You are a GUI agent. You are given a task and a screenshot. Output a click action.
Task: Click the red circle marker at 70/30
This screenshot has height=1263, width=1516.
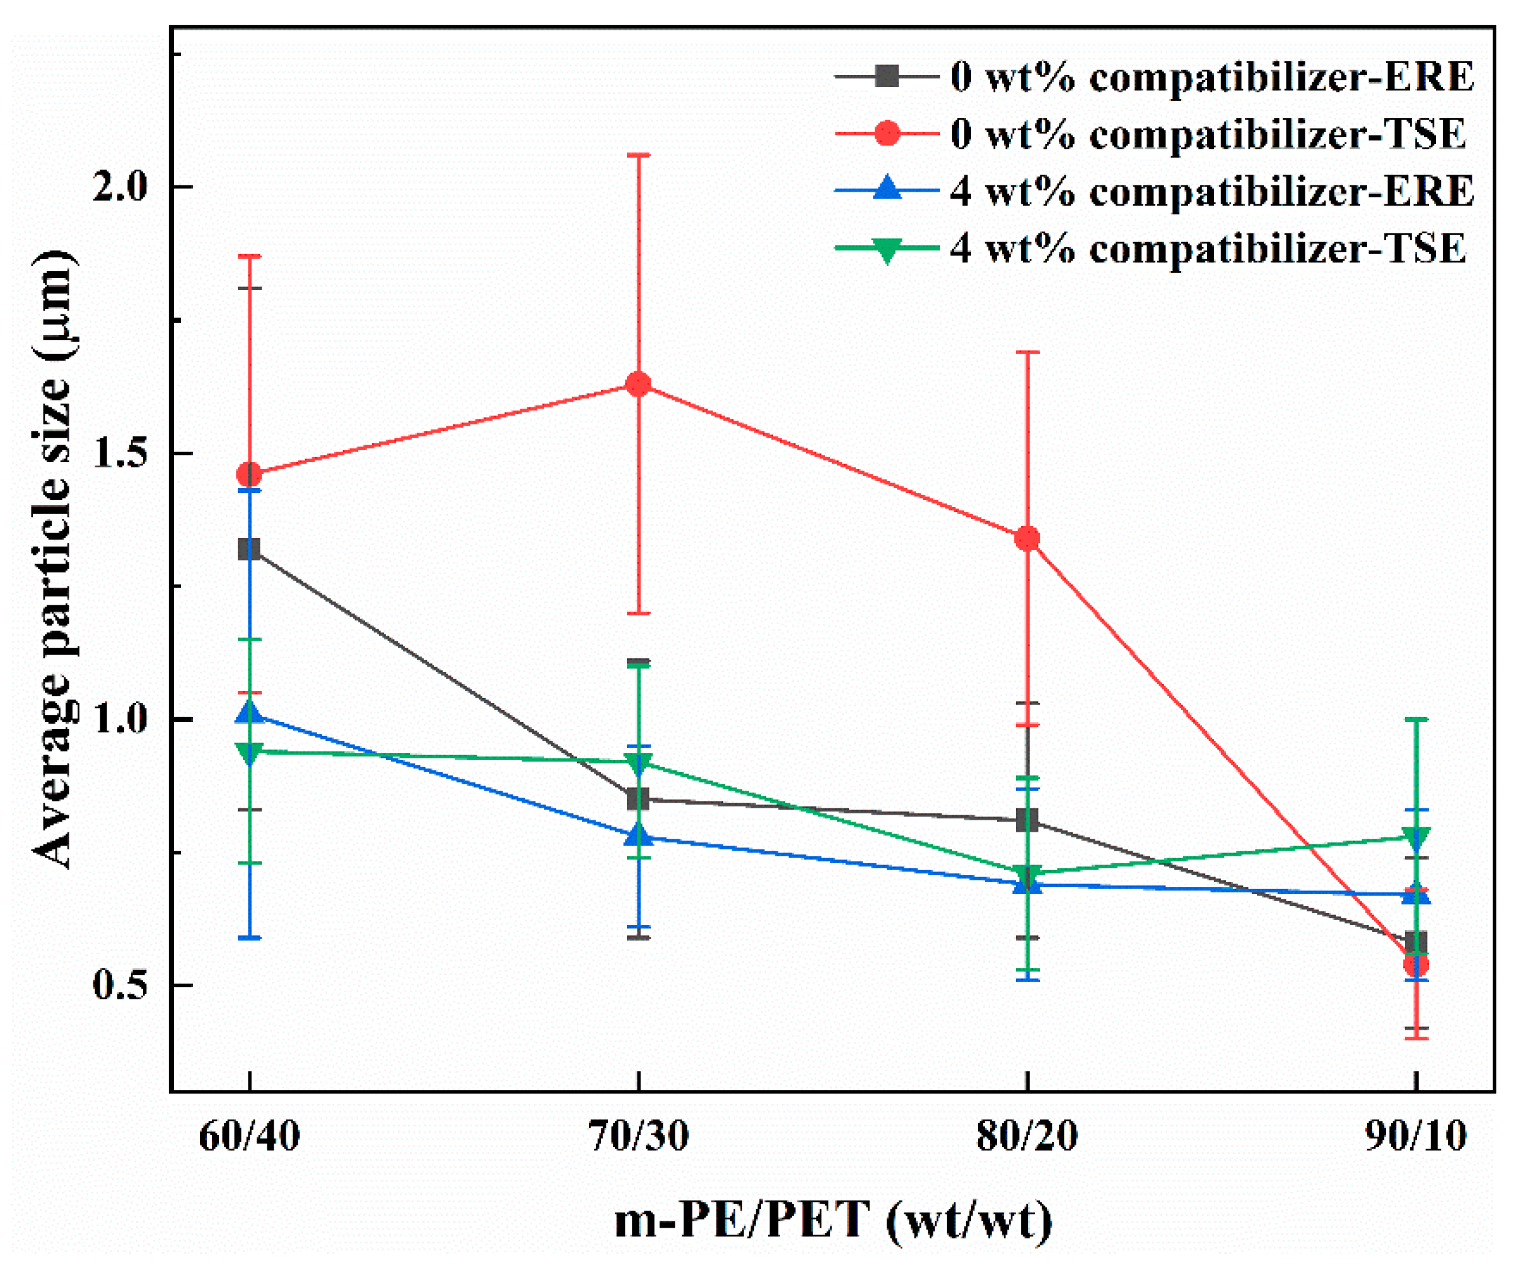tap(638, 384)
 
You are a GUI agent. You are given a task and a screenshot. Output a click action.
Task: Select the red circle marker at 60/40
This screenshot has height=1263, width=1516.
tap(249, 475)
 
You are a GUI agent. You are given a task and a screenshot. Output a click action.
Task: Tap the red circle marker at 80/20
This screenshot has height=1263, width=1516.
tap(1027, 538)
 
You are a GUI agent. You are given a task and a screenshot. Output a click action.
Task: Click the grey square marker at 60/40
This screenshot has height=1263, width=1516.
tap(249, 549)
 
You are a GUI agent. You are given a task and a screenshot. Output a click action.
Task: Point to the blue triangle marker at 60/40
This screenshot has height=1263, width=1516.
tap(249, 714)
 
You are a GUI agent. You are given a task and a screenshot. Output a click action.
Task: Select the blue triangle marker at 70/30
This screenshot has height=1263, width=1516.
tap(638, 835)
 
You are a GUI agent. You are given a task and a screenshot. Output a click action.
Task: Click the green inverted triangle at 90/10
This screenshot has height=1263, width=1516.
tap(1416, 839)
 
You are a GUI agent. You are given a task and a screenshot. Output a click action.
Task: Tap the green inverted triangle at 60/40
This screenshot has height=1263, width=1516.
tap(249, 753)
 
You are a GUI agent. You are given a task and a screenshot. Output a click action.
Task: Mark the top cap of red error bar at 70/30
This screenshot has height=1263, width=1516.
tap(638, 154)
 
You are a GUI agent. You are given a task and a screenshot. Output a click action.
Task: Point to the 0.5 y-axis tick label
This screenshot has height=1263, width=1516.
tap(120, 986)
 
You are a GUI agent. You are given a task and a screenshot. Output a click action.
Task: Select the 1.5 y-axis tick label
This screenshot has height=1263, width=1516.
tap(120, 454)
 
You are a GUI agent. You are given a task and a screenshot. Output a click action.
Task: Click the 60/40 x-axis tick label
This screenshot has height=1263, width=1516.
tap(249, 1138)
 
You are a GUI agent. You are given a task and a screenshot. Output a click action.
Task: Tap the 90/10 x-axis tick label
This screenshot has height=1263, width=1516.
tap(1416, 1138)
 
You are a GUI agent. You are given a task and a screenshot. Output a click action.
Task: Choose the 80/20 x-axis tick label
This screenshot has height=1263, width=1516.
tap(1027, 1138)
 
